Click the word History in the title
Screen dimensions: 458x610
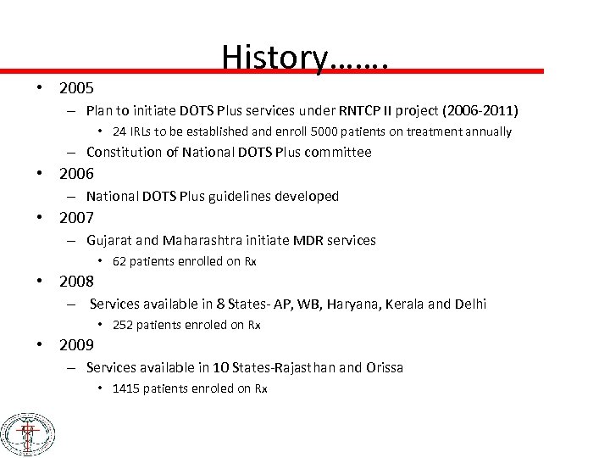click(274, 57)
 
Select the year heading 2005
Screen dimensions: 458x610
click(76, 88)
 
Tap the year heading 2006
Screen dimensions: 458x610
click(76, 175)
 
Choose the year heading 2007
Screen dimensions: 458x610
click(76, 218)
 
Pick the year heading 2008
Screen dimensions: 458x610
click(76, 282)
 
